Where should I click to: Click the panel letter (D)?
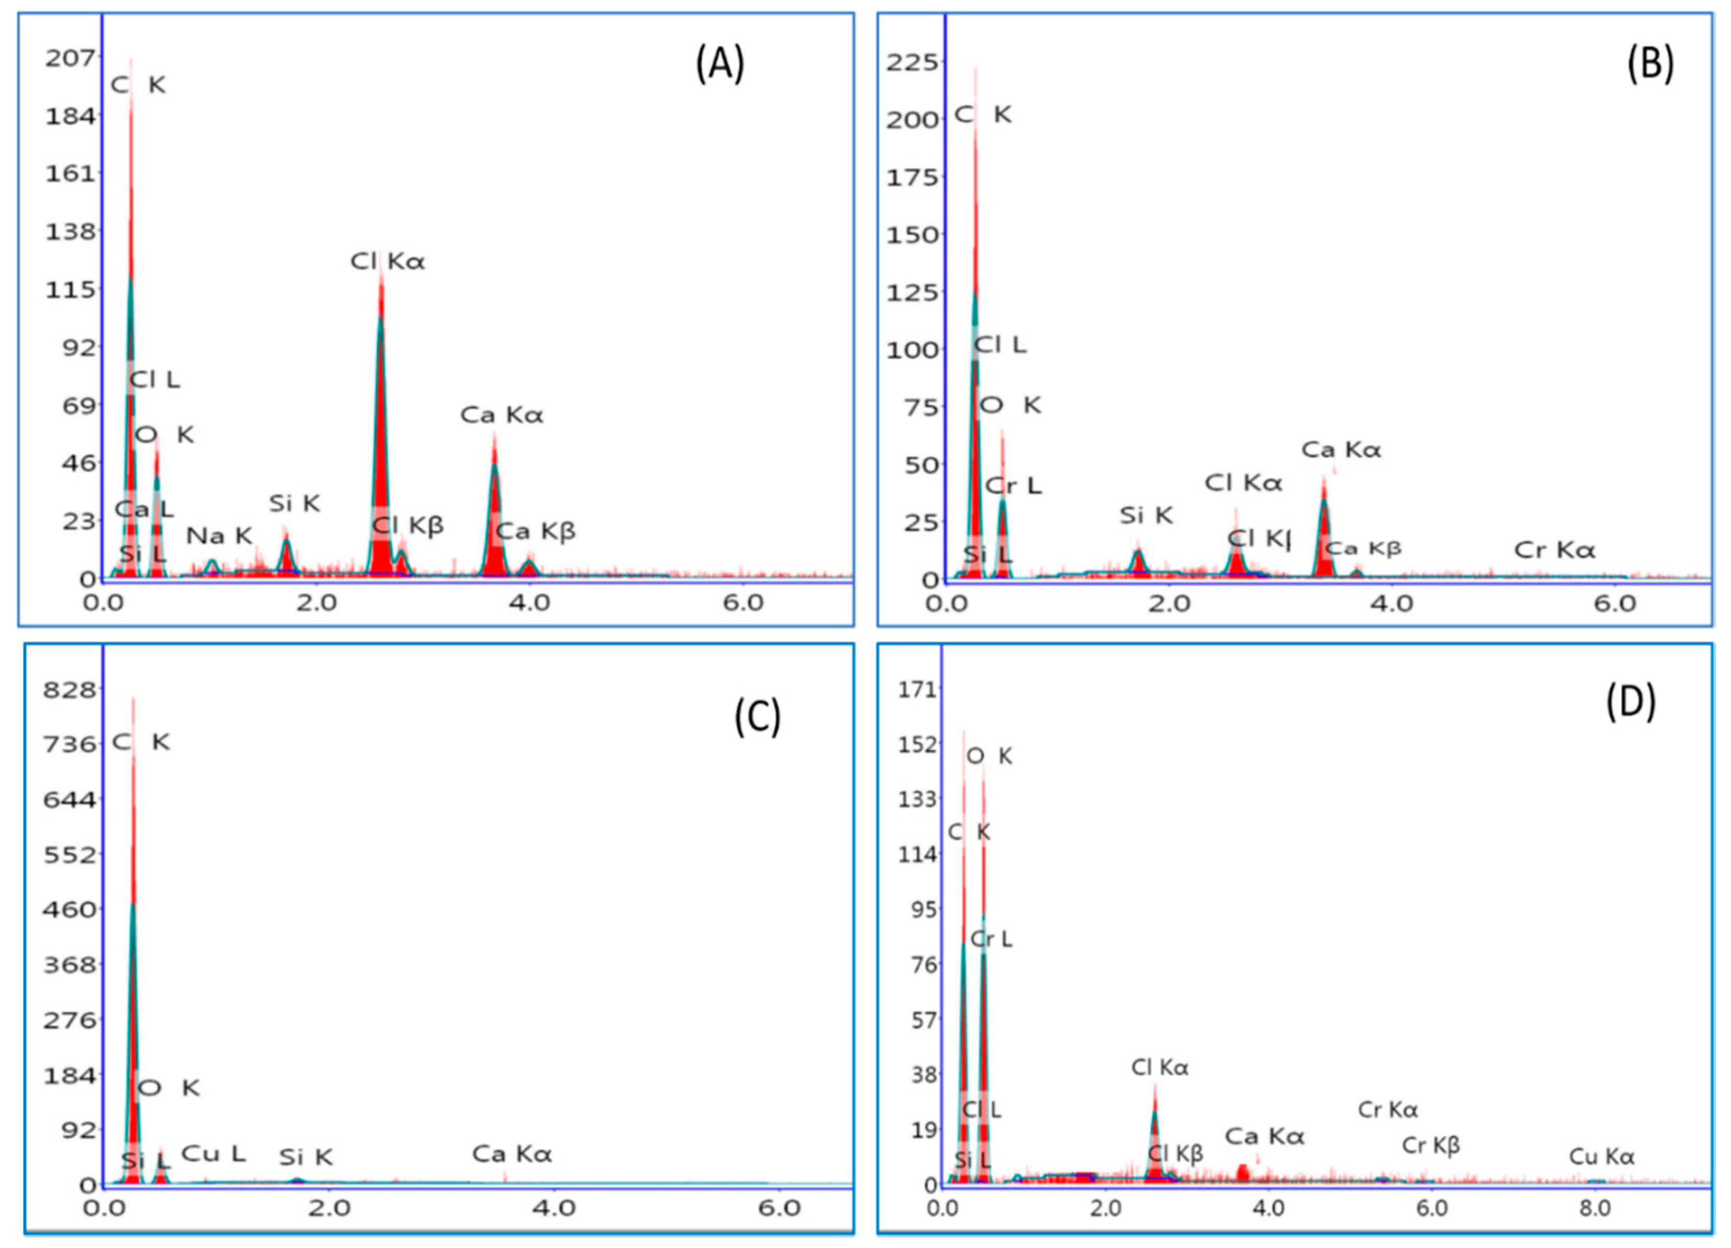click(x=1631, y=702)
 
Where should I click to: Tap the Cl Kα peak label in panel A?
click(x=387, y=262)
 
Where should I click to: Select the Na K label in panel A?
click(x=218, y=536)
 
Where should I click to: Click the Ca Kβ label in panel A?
click(x=535, y=531)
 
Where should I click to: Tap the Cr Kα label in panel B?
click(x=1554, y=550)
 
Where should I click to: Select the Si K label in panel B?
click(x=1146, y=516)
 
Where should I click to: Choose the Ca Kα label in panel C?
click(x=512, y=1154)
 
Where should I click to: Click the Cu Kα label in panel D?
click(x=1601, y=1157)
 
